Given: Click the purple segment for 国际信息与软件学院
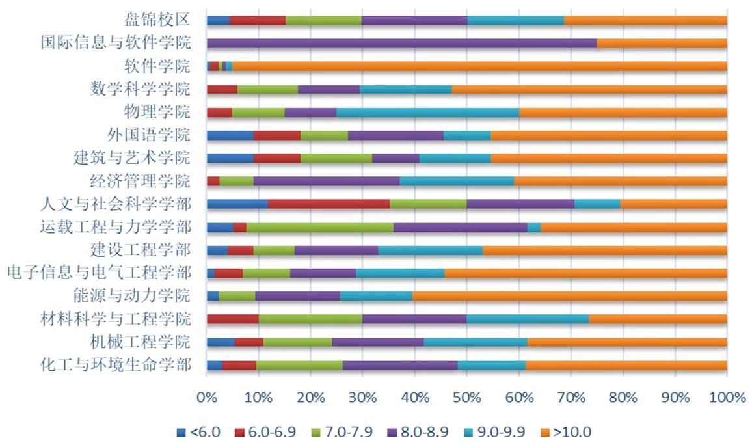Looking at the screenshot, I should pos(401,43).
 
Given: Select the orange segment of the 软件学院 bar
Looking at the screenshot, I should pos(479,66).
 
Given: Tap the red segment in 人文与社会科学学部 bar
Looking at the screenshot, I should pos(329,204).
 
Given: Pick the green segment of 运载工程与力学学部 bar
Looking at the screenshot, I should pos(319,227).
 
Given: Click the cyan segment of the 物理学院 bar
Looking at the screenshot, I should pos(427,112).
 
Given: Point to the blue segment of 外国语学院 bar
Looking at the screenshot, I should pos(230,135).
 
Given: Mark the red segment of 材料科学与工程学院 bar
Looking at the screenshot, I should pos(232,319).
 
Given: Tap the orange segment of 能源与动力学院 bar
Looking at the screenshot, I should pos(569,296).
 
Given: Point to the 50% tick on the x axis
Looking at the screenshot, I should pos(466,397).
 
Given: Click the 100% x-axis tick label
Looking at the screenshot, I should pos(727,397).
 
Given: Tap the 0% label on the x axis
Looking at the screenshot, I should pos(206,397).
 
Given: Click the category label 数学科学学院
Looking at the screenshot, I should pos(141,89).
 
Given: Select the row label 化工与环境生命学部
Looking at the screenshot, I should pos(116,364).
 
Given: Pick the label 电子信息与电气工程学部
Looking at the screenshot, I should pos(98,273).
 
